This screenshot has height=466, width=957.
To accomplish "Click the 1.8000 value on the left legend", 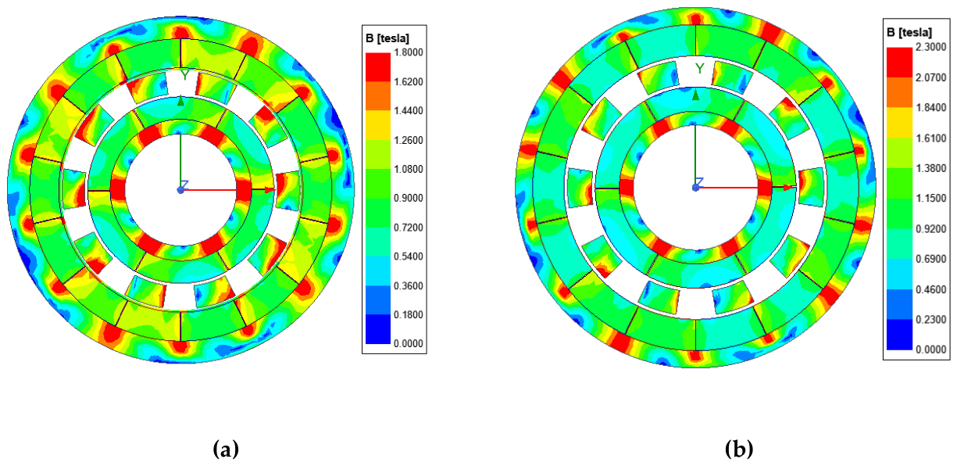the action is [x=409, y=52].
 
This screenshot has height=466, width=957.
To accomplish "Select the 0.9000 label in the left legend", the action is [x=409, y=199].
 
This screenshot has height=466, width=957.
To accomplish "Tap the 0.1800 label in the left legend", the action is [x=409, y=314].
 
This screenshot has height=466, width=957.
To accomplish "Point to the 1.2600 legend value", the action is [x=409, y=140].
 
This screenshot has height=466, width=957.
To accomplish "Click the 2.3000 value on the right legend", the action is [x=931, y=47].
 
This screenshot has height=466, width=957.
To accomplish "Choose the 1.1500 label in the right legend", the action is [x=931, y=199].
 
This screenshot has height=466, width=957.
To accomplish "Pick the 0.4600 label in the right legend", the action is [x=931, y=289].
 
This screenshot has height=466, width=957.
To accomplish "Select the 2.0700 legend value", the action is [x=931, y=77].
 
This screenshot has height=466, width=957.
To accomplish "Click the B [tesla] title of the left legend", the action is [x=387, y=38].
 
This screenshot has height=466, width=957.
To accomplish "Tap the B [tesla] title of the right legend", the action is [x=909, y=33].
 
